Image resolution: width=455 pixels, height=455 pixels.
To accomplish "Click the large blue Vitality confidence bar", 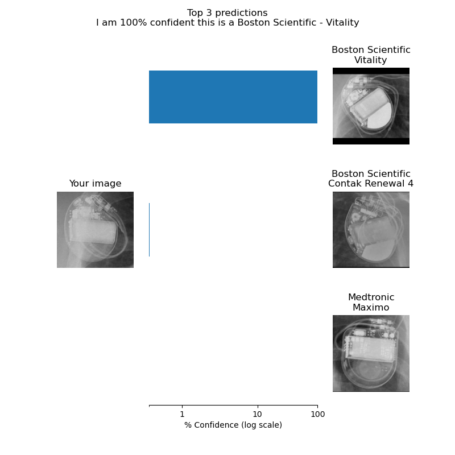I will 233,97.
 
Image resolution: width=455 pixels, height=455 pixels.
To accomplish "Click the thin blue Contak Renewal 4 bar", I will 149,229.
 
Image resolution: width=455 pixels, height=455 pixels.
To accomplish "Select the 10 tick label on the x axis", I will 257,415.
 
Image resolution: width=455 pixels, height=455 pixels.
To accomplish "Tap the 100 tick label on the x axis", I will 317,415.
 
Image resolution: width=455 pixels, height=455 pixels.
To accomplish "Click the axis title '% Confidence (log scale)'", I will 233,425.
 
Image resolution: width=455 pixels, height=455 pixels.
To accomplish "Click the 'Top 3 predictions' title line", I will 227,13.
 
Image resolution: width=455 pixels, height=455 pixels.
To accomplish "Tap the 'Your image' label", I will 95,183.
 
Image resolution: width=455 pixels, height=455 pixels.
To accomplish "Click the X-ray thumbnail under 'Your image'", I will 95,229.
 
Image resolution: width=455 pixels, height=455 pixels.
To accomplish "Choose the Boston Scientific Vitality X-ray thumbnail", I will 371,106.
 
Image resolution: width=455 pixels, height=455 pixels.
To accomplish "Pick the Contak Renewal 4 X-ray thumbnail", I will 371,229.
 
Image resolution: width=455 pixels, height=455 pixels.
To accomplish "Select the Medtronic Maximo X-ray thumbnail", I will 371,353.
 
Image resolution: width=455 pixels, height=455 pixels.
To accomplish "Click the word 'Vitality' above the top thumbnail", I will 371,60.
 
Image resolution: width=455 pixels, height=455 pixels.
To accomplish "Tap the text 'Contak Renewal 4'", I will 371,184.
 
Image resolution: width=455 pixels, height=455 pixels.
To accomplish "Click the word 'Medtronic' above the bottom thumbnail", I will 371,297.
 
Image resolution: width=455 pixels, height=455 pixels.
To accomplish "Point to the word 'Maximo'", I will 371,308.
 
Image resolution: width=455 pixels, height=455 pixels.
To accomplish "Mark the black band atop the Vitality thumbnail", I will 371,71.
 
